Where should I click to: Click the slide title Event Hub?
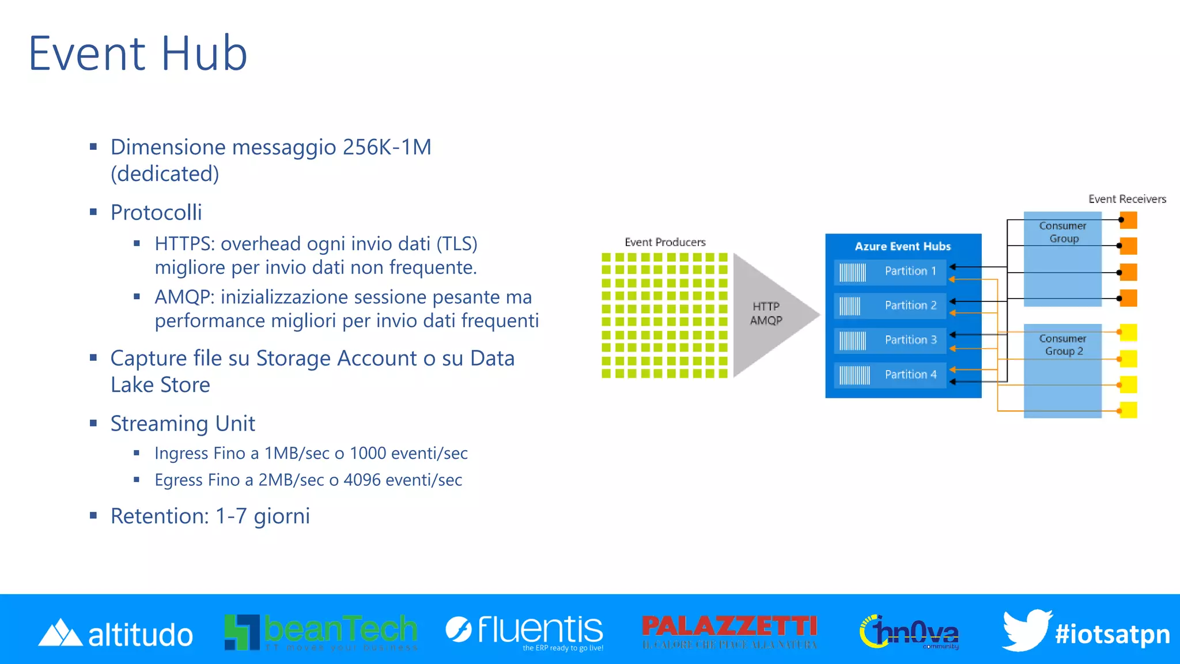point(138,54)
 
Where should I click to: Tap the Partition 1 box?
point(890,271)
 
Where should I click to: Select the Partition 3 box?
point(890,341)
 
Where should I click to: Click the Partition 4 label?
point(910,375)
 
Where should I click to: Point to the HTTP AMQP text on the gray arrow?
point(766,314)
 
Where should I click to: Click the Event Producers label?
point(665,242)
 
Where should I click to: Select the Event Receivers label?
point(1126,199)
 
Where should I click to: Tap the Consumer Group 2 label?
point(1063,345)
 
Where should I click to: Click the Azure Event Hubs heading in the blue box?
point(902,246)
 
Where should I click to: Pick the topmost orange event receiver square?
point(1128,220)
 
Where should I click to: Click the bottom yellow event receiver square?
point(1128,410)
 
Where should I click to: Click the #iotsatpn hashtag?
point(1112,634)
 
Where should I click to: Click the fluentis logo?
point(524,630)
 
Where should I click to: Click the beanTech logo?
point(321,631)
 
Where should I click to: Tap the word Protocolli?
point(156,213)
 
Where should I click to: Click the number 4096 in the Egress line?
point(362,480)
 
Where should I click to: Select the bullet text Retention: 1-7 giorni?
point(210,516)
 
